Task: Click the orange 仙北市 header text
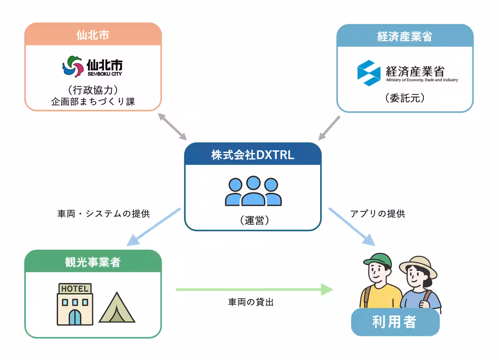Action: coord(93,35)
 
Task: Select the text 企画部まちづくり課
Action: coord(93,102)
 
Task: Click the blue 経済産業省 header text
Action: coord(405,37)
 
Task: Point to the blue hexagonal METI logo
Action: coord(368,73)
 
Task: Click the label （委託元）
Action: coord(405,99)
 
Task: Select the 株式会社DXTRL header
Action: coord(252,155)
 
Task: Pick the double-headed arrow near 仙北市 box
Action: coord(173,126)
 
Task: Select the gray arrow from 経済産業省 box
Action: coord(329,128)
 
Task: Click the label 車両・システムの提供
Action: coord(104,214)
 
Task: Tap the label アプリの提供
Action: coord(378,214)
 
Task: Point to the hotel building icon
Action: coord(75,304)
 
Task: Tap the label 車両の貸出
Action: coord(251,303)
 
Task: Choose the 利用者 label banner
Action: coord(395,322)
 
